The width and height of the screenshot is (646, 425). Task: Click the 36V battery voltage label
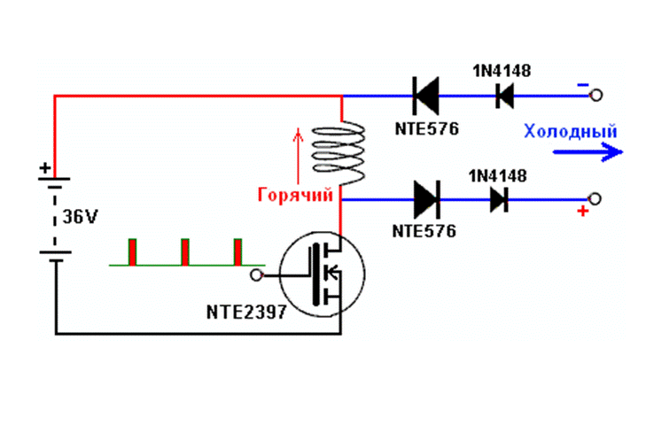tap(80, 217)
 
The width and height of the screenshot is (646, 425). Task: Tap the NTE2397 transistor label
tap(246, 312)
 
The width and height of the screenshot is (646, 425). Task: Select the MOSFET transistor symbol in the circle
tap(322, 274)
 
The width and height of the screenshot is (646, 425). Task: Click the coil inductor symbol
tap(339, 152)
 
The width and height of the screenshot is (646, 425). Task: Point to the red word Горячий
tap(295, 195)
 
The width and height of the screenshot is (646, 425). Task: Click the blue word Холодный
tap(571, 131)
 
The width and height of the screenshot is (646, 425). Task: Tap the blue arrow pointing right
tap(588, 152)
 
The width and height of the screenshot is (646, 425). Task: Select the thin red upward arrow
tap(298, 156)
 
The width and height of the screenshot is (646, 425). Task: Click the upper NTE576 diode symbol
tap(425, 96)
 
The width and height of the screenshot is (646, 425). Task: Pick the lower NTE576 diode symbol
tap(427, 200)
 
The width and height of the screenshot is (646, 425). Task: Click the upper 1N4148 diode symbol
tap(504, 96)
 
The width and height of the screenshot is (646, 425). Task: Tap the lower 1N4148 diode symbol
tap(499, 200)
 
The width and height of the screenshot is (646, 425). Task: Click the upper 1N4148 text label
tap(502, 71)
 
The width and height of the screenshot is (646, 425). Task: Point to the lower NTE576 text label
tap(424, 231)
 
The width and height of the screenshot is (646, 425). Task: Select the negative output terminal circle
tap(596, 96)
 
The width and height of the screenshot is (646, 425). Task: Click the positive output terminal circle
tap(595, 199)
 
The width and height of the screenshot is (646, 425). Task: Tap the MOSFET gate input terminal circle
tap(257, 275)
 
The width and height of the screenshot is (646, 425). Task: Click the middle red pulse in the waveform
tap(185, 252)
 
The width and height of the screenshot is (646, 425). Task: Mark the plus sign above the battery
tap(45, 167)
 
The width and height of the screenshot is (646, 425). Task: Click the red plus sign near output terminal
tap(582, 212)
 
